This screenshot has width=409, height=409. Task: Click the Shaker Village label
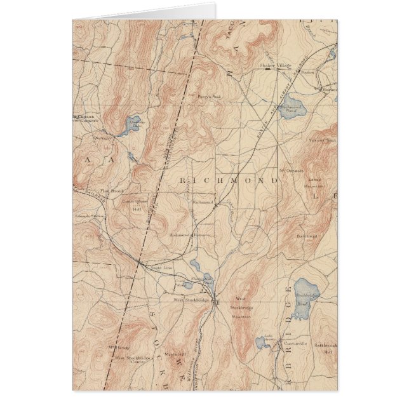[x=274, y=65]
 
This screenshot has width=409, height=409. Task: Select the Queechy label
[x=102, y=135]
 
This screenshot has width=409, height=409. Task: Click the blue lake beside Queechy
[x=131, y=124]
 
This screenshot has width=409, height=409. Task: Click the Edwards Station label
[x=89, y=215]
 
